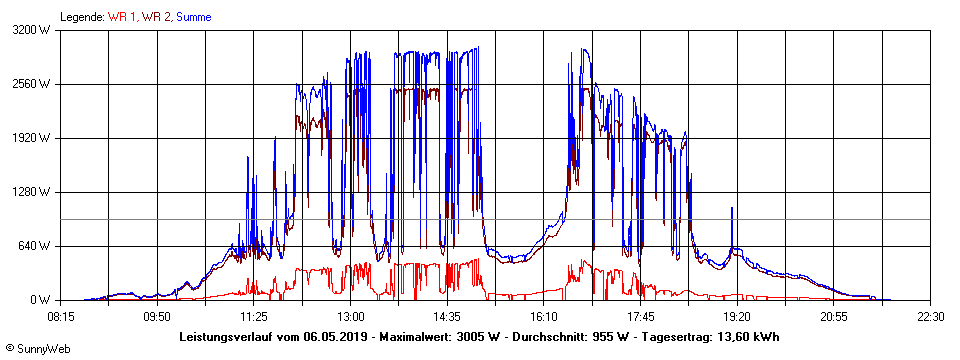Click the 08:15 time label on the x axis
(61, 316)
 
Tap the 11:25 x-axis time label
(254, 316)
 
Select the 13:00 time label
(351, 316)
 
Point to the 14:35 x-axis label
(448, 316)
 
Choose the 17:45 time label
(641, 316)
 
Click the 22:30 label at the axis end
(930, 316)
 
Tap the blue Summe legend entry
(194, 17)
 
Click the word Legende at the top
(82, 17)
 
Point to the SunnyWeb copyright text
(39, 348)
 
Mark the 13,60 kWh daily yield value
(746, 336)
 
